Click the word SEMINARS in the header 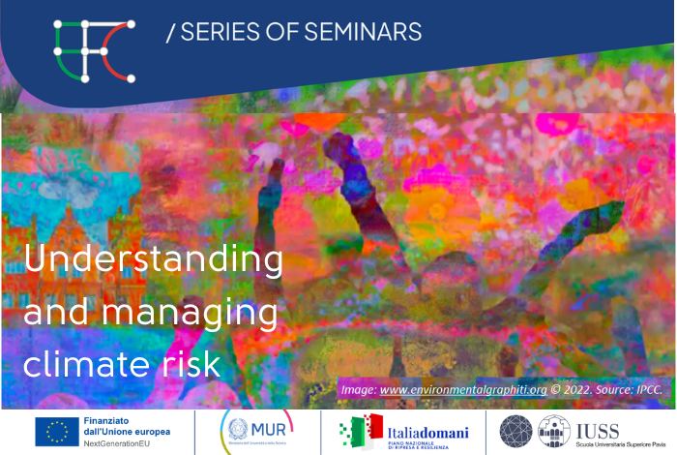click(364, 32)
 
